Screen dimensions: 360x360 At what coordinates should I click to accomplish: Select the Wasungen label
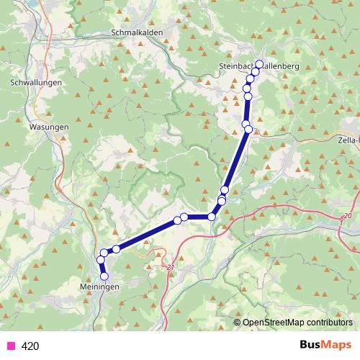click(x=49, y=127)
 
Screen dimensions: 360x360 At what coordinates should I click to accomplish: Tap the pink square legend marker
click(x=11, y=346)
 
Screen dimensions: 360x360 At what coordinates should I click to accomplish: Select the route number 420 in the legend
click(x=30, y=346)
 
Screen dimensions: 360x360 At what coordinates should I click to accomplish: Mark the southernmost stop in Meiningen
click(x=104, y=276)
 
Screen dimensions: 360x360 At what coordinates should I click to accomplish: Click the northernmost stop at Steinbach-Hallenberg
click(x=259, y=63)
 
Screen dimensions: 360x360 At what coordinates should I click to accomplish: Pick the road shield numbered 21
click(x=171, y=268)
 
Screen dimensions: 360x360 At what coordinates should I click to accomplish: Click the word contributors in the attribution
click(x=328, y=322)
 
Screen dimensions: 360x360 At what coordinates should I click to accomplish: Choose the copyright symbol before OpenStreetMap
click(x=238, y=322)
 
